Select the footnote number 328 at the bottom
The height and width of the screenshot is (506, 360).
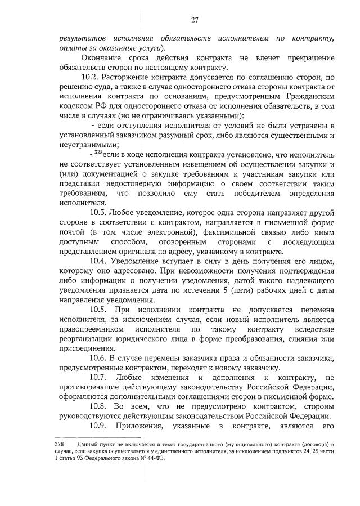point(64,444)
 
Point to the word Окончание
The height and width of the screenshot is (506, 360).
point(102,57)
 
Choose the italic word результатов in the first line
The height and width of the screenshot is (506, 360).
point(85,38)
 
